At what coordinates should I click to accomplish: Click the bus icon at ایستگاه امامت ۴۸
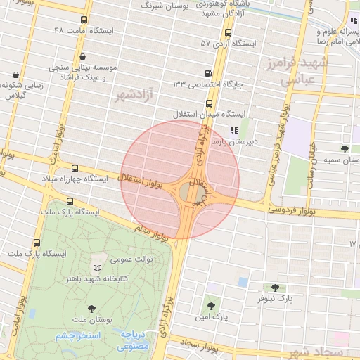(x=84, y=20)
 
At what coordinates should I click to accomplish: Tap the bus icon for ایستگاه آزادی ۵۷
(x=228, y=32)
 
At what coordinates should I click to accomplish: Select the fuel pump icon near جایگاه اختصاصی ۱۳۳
(x=208, y=73)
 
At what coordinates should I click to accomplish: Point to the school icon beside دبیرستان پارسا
(x=234, y=130)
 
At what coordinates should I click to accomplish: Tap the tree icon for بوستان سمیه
(x=344, y=149)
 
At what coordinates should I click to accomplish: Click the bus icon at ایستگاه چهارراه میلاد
(x=75, y=168)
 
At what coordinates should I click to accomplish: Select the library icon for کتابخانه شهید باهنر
(x=96, y=268)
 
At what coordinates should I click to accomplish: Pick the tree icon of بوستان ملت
(x=91, y=308)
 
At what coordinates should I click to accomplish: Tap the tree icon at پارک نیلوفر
(x=274, y=287)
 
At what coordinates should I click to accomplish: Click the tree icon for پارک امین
(x=211, y=306)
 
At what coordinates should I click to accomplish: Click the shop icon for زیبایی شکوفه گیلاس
(x=15, y=75)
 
